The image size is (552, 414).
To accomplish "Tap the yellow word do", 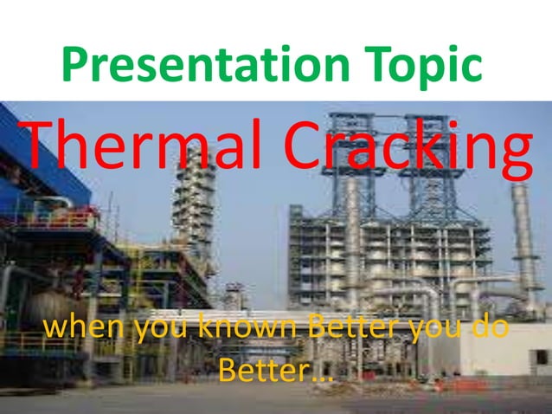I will point(490,330).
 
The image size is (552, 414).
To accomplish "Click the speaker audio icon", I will point(538,357).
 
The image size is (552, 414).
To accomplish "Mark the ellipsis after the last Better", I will point(321,378).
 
